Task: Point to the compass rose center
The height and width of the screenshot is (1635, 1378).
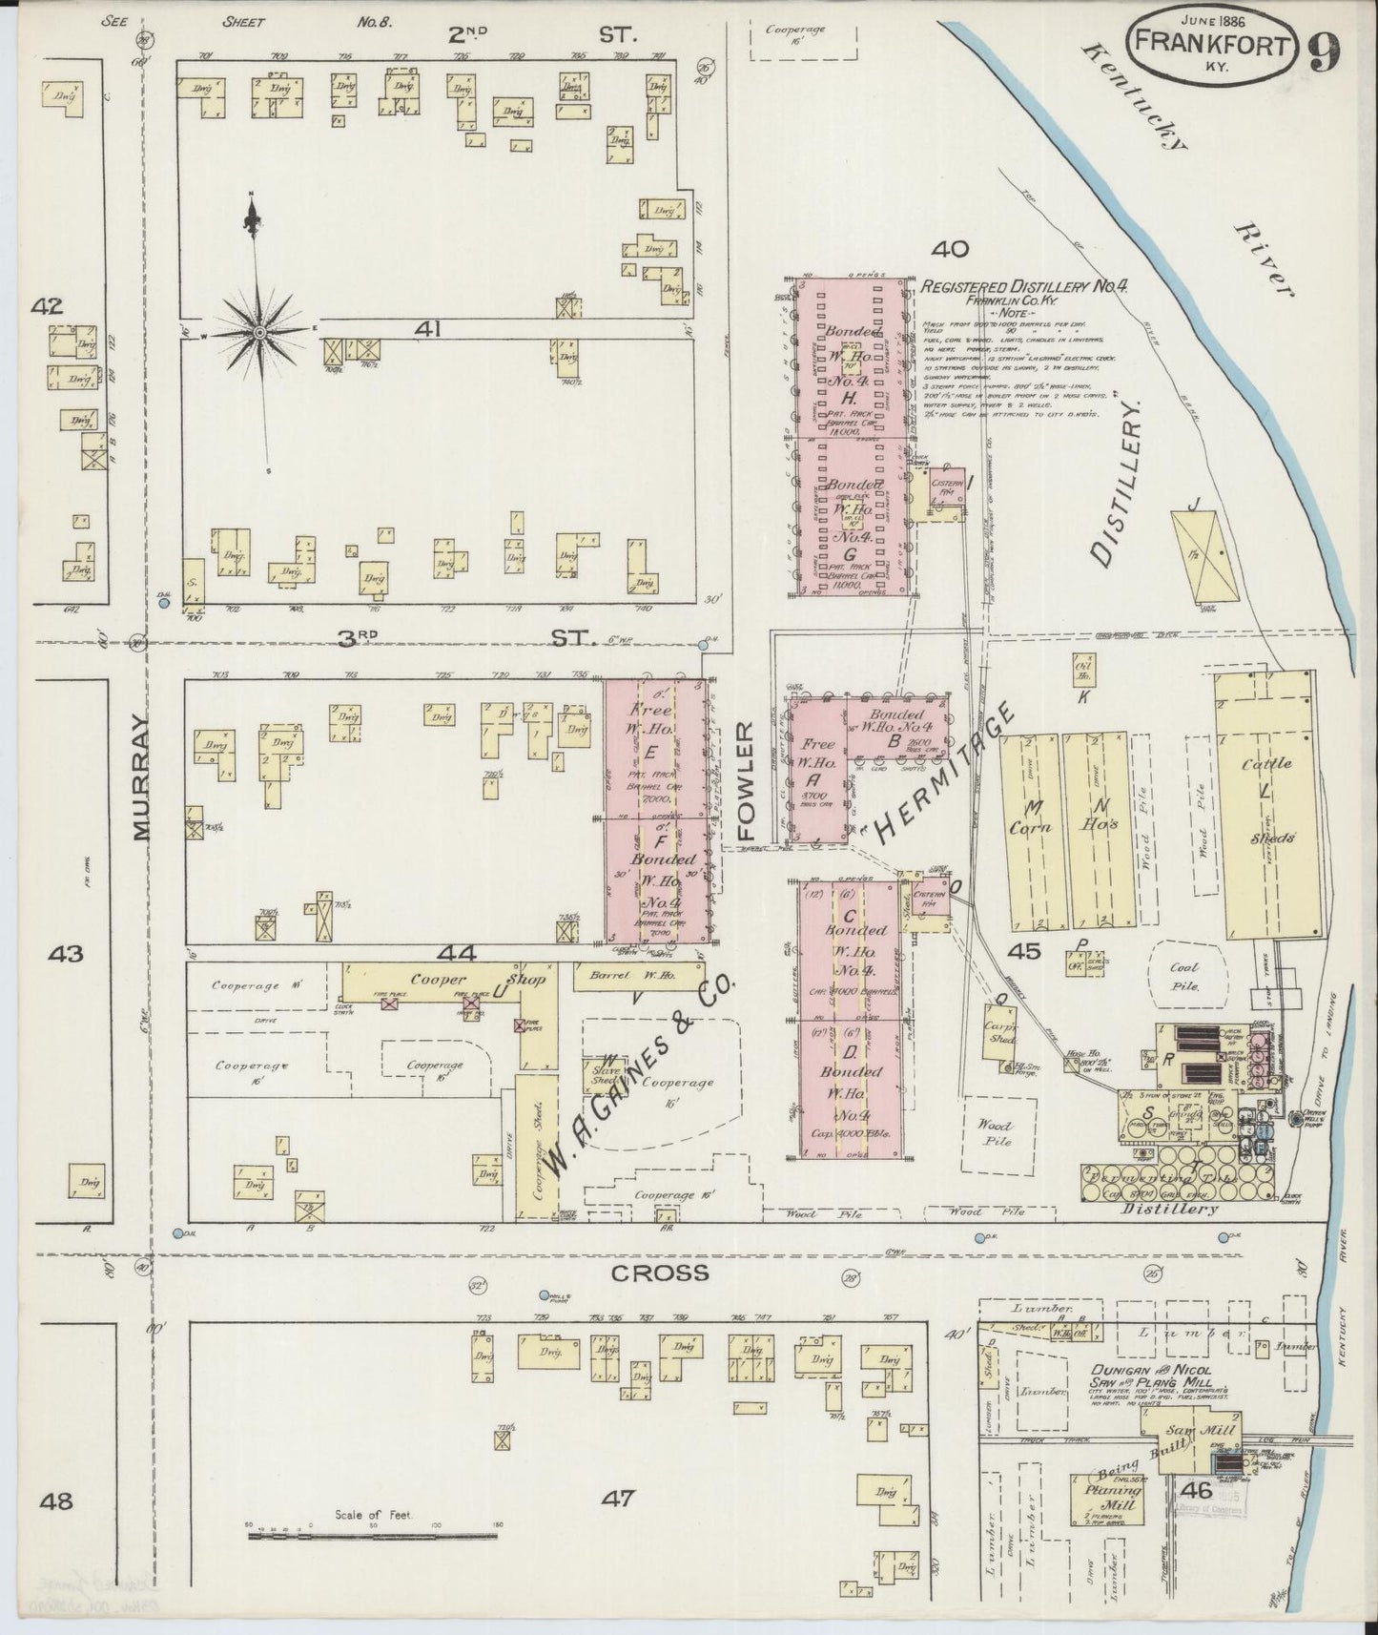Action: click(259, 331)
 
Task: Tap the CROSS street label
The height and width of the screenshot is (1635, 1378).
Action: click(648, 1273)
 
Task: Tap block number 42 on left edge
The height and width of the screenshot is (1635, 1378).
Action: click(46, 306)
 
